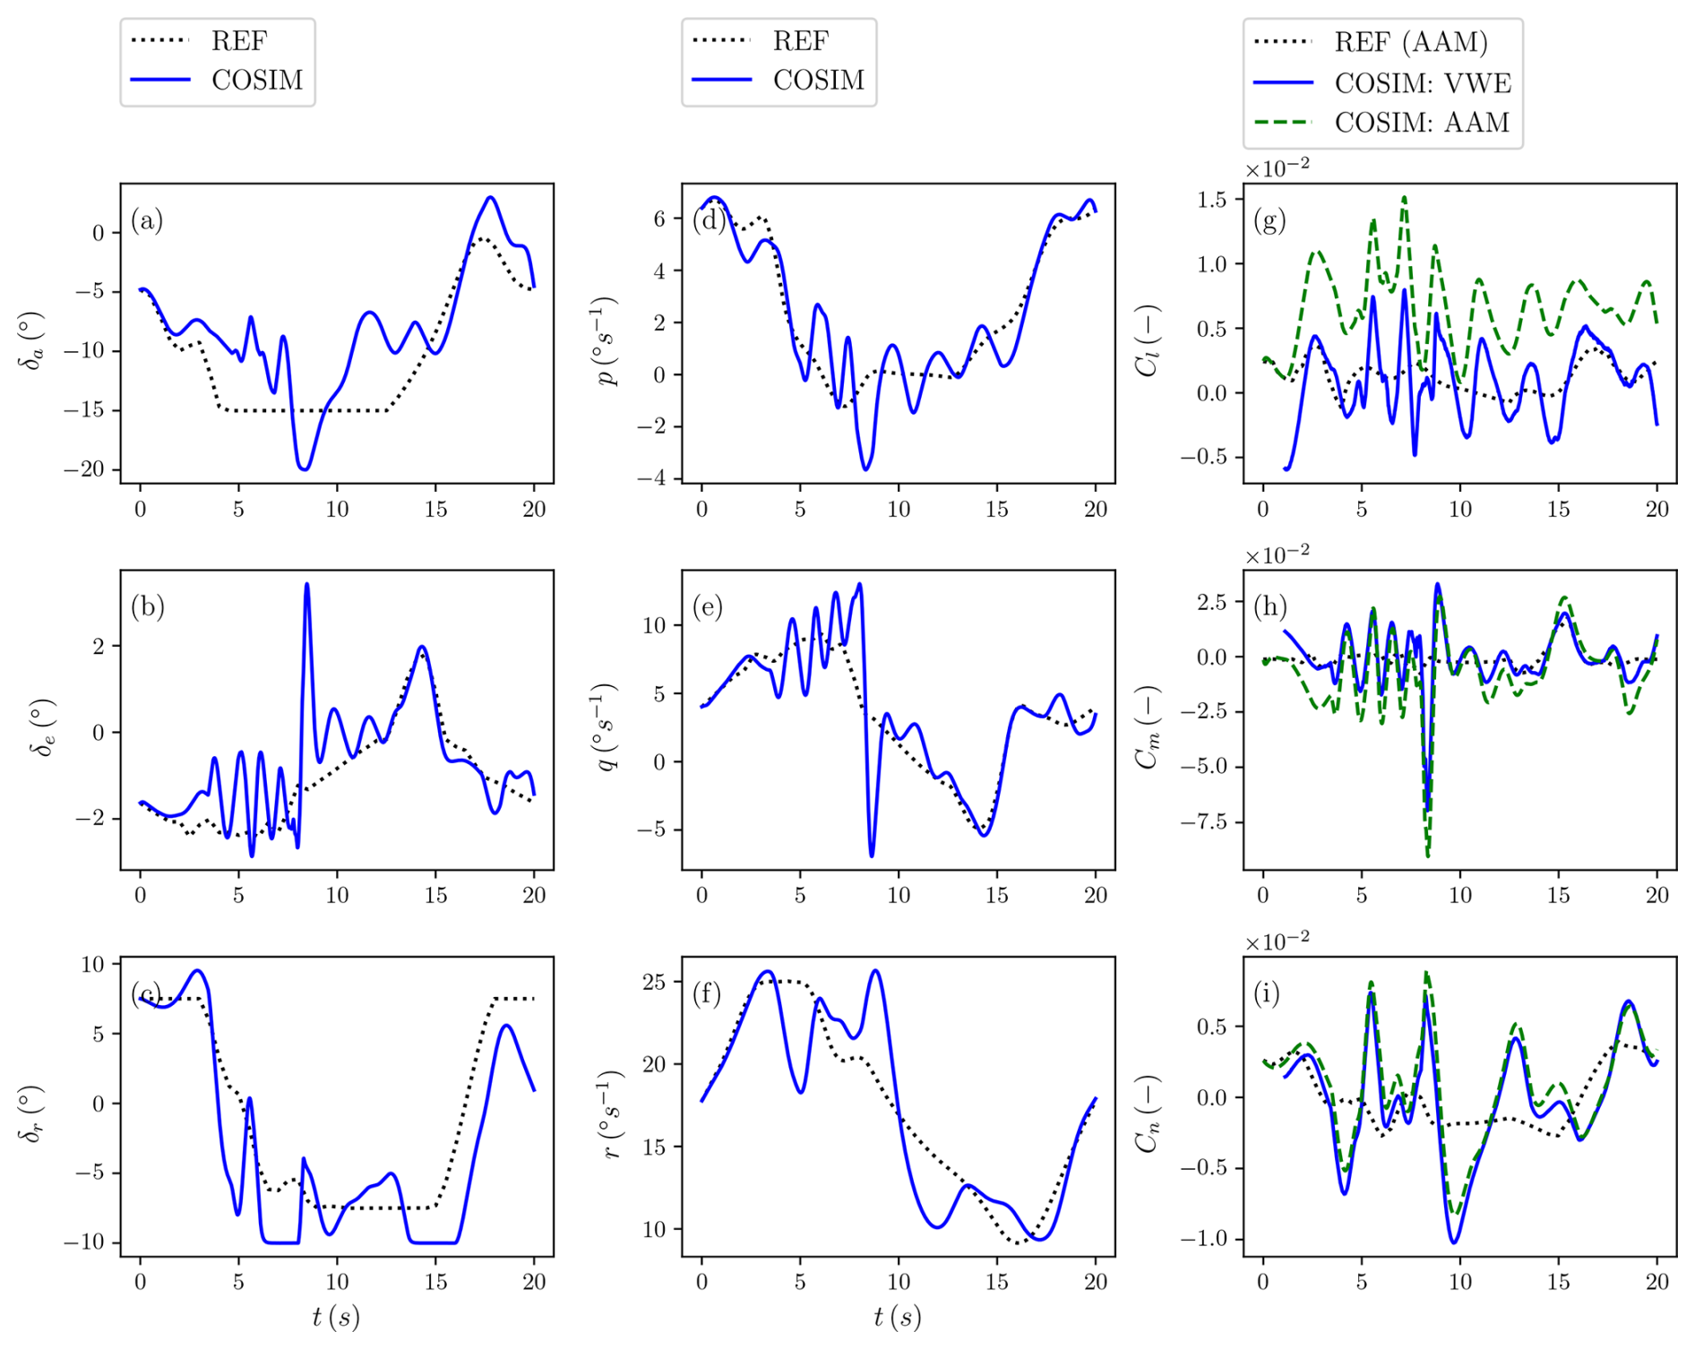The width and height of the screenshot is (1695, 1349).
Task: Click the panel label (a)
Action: click(147, 220)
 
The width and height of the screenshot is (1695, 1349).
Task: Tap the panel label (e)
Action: click(708, 607)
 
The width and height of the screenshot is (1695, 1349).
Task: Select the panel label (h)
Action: click(1270, 607)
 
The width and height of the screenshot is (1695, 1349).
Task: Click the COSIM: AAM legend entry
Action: click(1422, 123)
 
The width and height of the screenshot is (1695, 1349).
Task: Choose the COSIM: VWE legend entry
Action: click(1423, 83)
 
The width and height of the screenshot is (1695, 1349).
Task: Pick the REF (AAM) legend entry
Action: click(1411, 42)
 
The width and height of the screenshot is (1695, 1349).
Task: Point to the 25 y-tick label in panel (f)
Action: click(654, 982)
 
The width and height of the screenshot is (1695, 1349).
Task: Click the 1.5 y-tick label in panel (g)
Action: click(1211, 200)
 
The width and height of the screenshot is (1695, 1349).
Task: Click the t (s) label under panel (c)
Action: click(336, 1317)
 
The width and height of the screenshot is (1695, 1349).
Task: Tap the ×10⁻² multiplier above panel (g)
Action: click(1277, 168)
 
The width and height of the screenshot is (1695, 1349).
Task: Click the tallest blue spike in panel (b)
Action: click(306, 585)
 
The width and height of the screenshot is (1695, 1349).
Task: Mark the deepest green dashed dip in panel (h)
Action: click(1428, 855)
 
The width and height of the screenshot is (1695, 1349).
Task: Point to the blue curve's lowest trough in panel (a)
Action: click(305, 468)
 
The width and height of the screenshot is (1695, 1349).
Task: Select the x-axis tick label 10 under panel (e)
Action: click(898, 896)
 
